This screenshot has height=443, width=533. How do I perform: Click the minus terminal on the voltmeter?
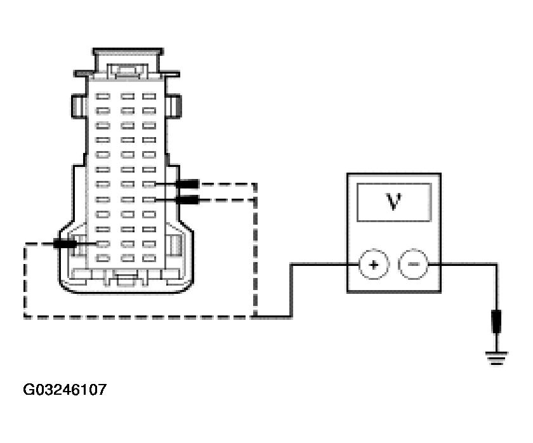coord(411,265)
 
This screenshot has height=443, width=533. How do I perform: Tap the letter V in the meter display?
coord(392,201)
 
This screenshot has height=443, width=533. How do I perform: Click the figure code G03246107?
coord(65,389)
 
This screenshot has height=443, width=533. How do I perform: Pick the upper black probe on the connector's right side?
coord(187,184)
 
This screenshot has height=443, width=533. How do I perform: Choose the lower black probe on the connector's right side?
coord(186,200)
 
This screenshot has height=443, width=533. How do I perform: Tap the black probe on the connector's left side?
coord(65,243)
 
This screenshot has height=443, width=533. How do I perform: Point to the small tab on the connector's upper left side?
coord(77,105)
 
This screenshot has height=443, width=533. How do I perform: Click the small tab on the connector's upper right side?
coord(176,105)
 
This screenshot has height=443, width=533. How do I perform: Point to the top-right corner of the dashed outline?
coord(256,185)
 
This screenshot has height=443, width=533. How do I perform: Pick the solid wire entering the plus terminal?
coord(317,265)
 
